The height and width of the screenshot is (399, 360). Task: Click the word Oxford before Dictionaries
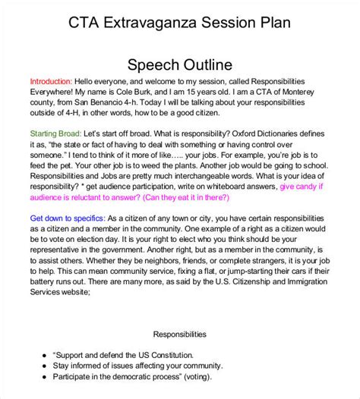coord(248,134)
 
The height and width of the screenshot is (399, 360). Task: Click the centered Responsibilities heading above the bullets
coord(179,333)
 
